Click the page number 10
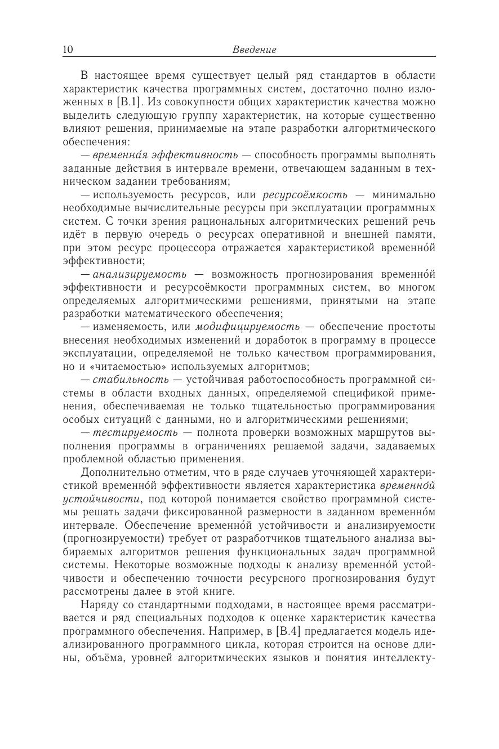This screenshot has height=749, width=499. [x=68, y=50]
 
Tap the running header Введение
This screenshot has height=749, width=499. [x=254, y=50]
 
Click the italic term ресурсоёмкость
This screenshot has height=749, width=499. [x=305, y=195]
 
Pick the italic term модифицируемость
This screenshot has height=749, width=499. [x=247, y=327]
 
